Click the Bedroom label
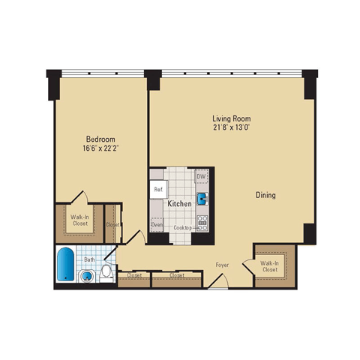pos(100,139)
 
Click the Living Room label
pos(231,118)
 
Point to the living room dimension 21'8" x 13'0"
pos(231,127)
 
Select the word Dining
pos(265,195)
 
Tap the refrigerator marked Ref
pos(158,190)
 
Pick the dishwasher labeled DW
pos(201,177)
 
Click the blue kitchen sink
pos(202,200)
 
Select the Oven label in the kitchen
pos(157,223)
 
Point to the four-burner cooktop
pos(201,221)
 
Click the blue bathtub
pos(65,265)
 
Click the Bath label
pos(89,260)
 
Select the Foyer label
pos(223,265)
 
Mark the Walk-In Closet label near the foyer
pos(271,267)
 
